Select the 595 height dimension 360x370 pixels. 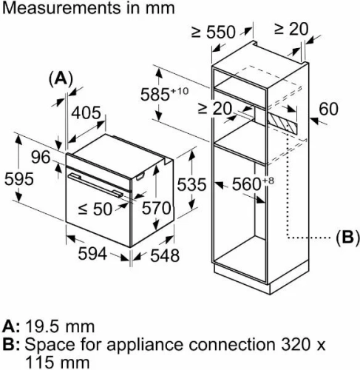[19, 181]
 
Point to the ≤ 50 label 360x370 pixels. [93, 209]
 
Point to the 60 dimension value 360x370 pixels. [328, 110]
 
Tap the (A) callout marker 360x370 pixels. [63, 78]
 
